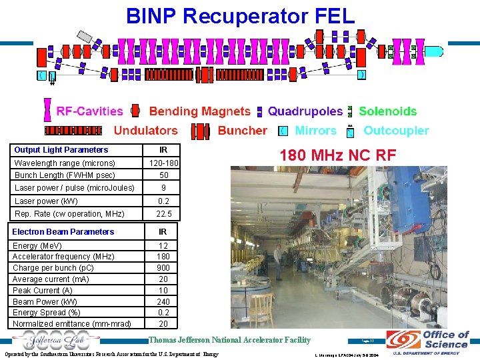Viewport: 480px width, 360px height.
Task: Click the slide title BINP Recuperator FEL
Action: coord(241,15)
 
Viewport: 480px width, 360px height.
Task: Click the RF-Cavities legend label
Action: coord(89,111)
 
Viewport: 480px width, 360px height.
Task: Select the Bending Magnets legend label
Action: coord(199,111)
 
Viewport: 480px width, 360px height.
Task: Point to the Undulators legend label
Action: coord(145,131)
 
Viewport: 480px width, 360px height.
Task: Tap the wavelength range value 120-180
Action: coord(163,163)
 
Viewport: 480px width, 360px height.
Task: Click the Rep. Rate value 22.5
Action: coord(163,214)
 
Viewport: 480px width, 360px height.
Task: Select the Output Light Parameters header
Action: coord(61,150)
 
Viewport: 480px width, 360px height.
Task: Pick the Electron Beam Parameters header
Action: coord(63,232)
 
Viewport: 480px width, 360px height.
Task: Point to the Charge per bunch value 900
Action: coord(163,268)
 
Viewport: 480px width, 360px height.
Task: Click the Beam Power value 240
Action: coord(163,301)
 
